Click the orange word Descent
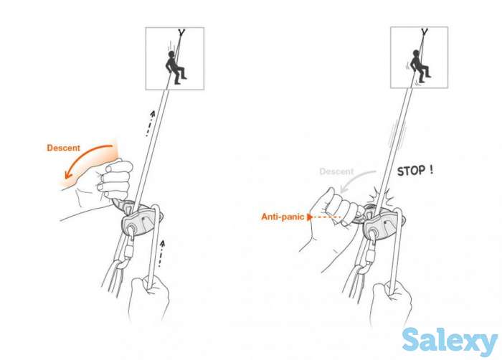64,148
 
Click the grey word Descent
337,171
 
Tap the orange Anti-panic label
282,215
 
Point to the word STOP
415,171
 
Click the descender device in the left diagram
141,219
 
